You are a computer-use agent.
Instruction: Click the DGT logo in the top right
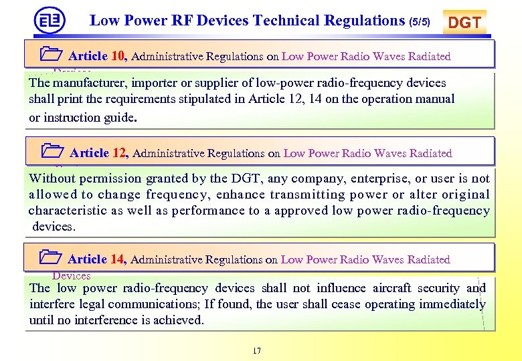pos(464,23)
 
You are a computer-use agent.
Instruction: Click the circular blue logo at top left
pos(50,20)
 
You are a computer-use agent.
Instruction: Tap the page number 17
pos(258,351)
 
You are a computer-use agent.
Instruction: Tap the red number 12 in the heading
pos(120,153)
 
